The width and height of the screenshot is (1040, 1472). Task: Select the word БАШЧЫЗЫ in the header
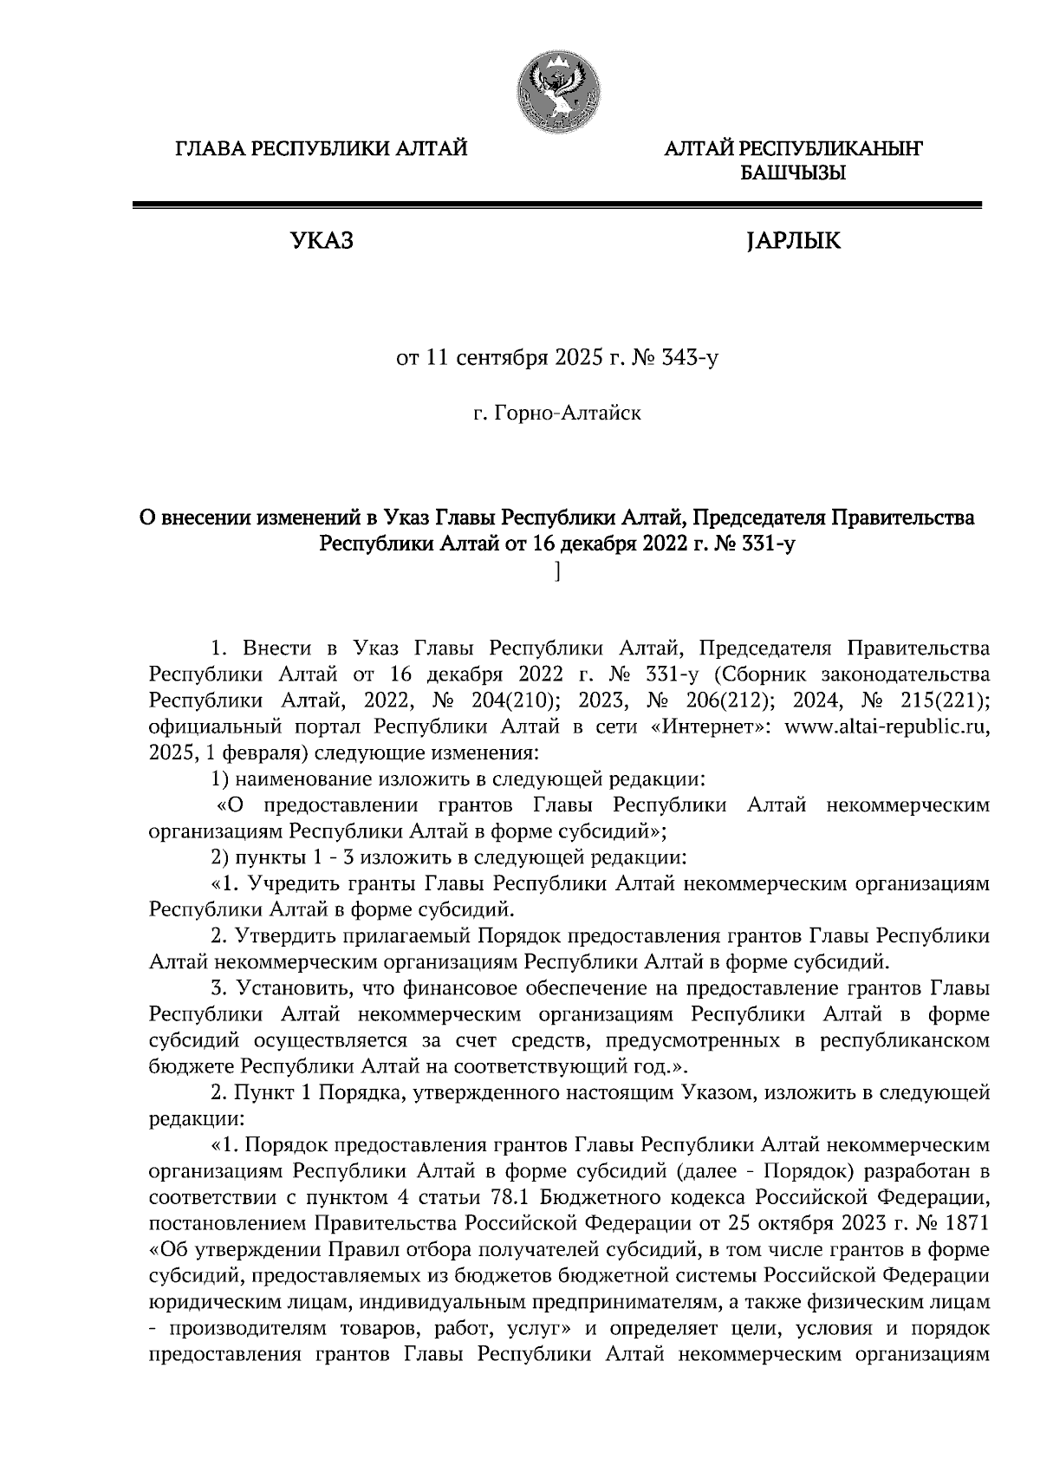click(x=792, y=174)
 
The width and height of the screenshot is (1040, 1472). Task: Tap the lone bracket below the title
click(x=558, y=571)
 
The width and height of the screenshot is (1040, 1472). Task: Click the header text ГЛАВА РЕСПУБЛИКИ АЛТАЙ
click(x=322, y=149)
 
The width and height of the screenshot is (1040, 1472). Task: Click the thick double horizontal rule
click(x=556, y=205)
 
